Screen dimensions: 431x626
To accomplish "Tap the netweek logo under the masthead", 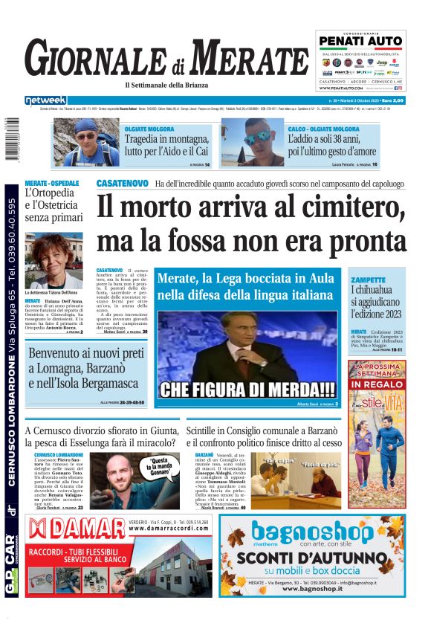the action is tap(45, 100).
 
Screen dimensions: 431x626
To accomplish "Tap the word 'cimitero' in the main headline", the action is tap(347, 205).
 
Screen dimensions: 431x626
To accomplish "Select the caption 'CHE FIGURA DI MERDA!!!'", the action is tap(247, 389).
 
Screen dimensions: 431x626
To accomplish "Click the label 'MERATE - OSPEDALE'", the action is tap(52, 183).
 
